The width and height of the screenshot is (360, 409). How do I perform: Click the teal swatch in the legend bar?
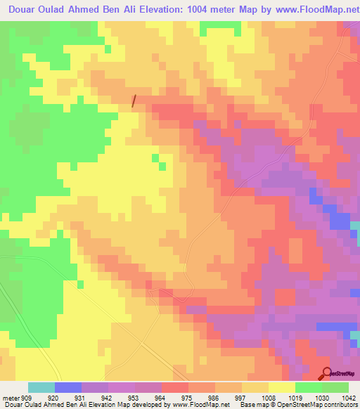(41, 388)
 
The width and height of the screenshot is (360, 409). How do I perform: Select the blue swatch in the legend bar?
(68, 388)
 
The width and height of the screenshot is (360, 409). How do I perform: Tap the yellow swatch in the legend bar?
(282, 388)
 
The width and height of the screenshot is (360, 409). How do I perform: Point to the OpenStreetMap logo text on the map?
(343, 375)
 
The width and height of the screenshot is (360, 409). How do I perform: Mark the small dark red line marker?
(134, 101)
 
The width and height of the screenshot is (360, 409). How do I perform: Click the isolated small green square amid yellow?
(163, 167)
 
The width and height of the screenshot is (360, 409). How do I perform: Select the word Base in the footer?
(249, 404)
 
